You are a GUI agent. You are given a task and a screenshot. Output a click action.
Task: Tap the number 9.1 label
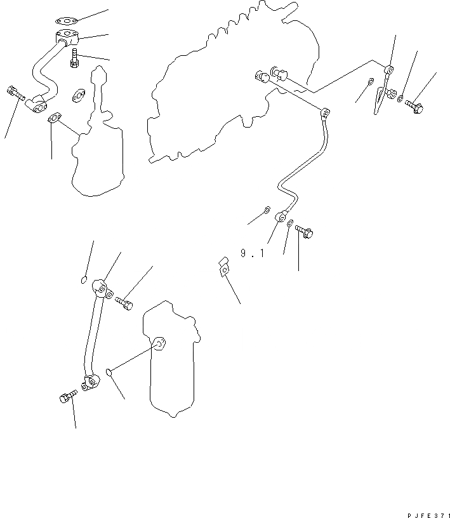(x=252, y=253)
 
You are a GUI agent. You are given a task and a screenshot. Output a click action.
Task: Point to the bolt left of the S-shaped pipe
(x=15, y=94)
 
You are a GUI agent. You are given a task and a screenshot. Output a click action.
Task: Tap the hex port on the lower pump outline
(x=159, y=344)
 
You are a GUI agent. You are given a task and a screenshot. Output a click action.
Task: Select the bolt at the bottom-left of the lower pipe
(x=67, y=397)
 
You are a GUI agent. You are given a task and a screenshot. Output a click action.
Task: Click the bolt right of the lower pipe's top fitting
(x=125, y=303)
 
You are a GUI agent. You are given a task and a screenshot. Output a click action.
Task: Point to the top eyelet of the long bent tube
(x=324, y=113)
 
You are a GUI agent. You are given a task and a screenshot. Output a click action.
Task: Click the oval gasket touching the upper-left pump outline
(x=55, y=118)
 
